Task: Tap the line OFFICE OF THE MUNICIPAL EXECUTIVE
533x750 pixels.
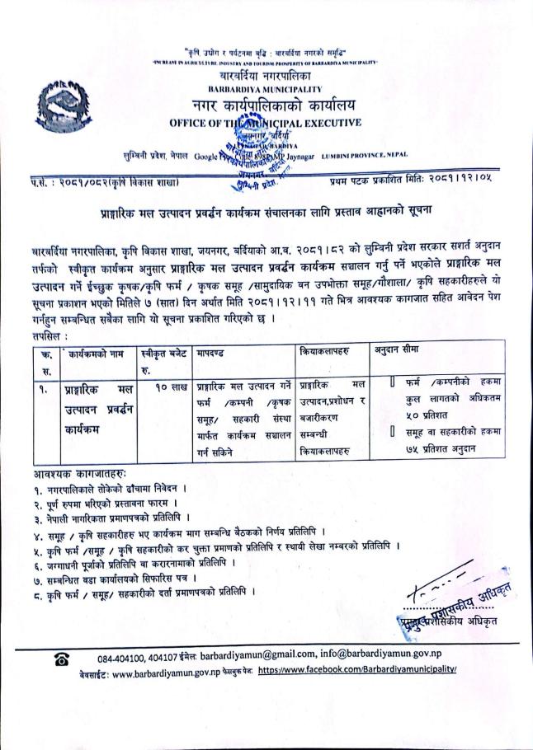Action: coord(264,123)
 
